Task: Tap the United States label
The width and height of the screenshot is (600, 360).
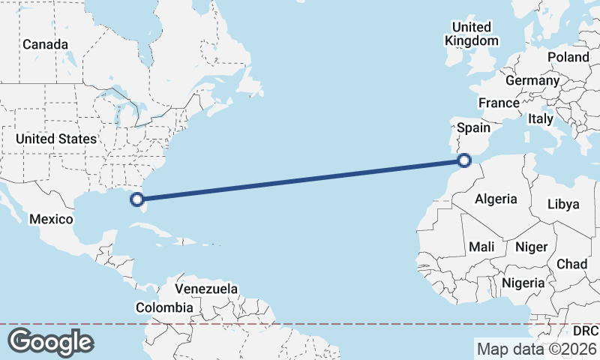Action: click(56, 139)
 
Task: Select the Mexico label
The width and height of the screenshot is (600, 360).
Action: click(51, 219)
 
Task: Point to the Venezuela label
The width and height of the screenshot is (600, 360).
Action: click(206, 289)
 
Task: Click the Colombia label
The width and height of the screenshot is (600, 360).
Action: click(164, 307)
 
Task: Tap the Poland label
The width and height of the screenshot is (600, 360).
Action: click(568, 57)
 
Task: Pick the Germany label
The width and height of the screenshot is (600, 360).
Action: click(532, 80)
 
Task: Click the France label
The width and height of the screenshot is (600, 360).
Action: click(499, 103)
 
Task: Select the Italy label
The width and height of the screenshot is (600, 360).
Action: click(540, 118)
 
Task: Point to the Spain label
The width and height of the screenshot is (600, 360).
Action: click(473, 127)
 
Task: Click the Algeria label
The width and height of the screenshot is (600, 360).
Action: click(496, 199)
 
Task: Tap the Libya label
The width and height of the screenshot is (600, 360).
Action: click(563, 204)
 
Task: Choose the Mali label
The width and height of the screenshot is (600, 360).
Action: click(481, 246)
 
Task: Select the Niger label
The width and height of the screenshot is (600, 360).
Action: click(531, 246)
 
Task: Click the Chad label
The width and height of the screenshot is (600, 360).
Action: click(571, 264)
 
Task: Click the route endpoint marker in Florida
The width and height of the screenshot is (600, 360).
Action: click(137, 199)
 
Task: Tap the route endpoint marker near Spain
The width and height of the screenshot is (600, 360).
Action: click(464, 160)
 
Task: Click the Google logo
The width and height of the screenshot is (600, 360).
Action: click(50, 341)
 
